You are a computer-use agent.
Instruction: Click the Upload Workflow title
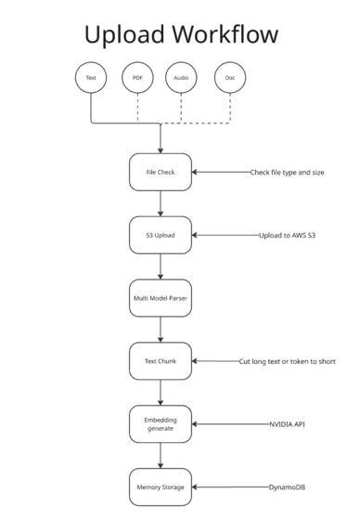(x=180, y=35)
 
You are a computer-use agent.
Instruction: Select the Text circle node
(x=91, y=78)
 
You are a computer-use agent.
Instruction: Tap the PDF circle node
(x=137, y=78)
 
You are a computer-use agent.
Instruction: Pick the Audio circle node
(x=181, y=78)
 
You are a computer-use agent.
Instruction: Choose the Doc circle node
(x=229, y=78)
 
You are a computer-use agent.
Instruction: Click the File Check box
(x=161, y=172)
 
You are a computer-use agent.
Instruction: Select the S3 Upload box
(x=161, y=235)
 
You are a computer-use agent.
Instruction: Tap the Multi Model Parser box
(x=161, y=298)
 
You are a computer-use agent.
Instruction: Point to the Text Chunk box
(x=161, y=361)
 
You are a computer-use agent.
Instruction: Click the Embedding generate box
(x=161, y=423)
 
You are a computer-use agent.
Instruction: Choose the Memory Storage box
(x=161, y=487)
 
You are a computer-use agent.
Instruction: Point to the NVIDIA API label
(x=287, y=423)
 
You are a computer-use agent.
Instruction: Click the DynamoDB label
(x=287, y=487)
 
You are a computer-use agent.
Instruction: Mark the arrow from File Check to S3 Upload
(x=161, y=203)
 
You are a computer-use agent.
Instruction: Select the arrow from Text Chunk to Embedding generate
(x=161, y=392)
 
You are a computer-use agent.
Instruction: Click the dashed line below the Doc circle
(x=229, y=108)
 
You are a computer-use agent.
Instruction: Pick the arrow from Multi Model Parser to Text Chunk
(x=161, y=330)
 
